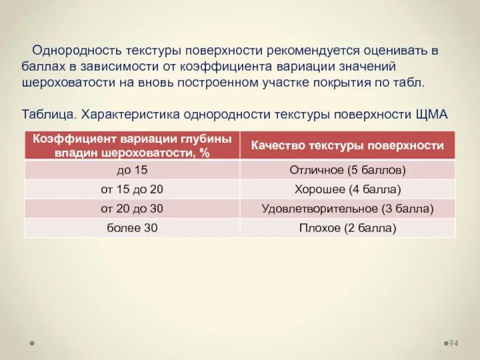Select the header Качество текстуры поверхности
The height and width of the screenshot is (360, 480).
(x=347, y=145)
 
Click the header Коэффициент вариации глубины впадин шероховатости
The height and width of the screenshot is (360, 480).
(x=131, y=145)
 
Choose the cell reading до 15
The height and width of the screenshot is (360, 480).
(x=131, y=170)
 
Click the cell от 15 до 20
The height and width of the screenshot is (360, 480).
(x=131, y=190)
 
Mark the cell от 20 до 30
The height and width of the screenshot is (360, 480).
(x=131, y=209)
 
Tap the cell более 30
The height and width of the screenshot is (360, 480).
(x=131, y=228)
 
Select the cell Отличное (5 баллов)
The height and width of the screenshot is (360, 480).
(x=347, y=170)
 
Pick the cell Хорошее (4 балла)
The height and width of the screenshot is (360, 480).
(x=347, y=190)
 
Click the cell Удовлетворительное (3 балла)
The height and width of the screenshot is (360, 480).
(x=347, y=209)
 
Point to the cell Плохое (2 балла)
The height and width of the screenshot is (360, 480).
(x=347, y=228)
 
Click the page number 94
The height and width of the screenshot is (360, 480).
(x=454, y=343)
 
